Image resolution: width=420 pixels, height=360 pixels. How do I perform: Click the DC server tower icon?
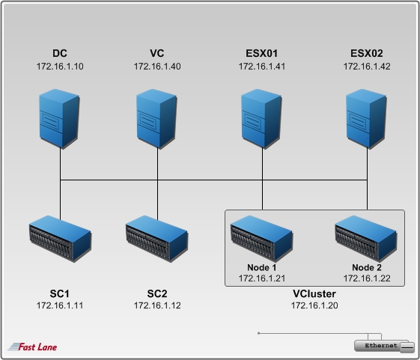point(59,118)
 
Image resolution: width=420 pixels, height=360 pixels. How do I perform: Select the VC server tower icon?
point(156,118)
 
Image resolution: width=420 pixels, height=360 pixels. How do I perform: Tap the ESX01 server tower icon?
point(261,118)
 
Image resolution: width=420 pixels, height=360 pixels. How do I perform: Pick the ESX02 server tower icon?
point(366,118)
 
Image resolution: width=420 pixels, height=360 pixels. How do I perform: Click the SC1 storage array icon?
point(61,239)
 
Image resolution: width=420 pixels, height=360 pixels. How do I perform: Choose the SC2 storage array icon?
point(157,239)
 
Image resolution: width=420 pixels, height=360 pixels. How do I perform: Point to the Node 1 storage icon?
point(261,239)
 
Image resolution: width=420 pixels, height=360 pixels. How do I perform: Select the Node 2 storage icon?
point(366,239)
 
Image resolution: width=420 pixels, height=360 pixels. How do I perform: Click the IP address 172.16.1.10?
point(60,67)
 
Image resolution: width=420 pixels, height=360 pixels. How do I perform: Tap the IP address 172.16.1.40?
point(157,67)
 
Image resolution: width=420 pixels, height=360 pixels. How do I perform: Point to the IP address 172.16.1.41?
point(262,67)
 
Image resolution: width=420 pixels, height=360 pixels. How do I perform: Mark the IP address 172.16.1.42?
point(367,67)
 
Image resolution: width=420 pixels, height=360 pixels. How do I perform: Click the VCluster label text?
point(314,294)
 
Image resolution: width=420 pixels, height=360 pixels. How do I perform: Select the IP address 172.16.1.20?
point(314,305)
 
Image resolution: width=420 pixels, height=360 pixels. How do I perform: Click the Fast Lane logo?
point(32,347)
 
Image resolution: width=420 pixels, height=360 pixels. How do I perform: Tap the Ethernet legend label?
point(381,346)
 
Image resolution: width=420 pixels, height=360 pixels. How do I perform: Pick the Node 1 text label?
point(262,267)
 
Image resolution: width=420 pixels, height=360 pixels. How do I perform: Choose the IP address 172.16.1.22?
point(367,278)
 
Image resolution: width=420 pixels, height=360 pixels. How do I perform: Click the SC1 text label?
point(59,294)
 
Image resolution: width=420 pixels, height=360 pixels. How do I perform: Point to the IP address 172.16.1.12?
point(157,305)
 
